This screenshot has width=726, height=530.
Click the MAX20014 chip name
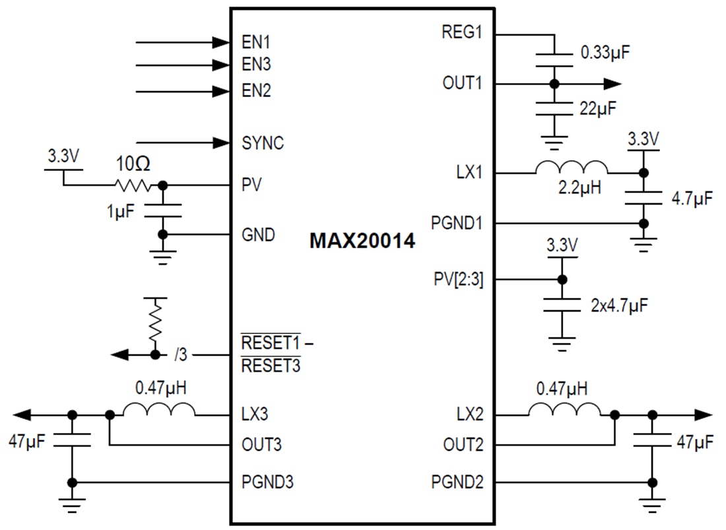coord(362,242)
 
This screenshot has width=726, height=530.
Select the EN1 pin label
coord(256,42)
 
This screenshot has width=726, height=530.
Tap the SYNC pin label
coord(263,143)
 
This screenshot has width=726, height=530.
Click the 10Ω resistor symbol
coord(134,185)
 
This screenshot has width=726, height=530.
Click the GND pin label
coord(259,234)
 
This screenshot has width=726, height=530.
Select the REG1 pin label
coord(463,32)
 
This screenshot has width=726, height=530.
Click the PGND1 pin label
coord(457,224)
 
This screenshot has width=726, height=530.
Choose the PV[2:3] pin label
coord(459,279)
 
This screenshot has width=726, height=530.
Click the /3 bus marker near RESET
coord(180,355)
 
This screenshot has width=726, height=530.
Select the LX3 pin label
coord(255,414)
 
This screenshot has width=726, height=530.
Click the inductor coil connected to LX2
coord(564,410)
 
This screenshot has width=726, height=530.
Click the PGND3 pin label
coord(267,482)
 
